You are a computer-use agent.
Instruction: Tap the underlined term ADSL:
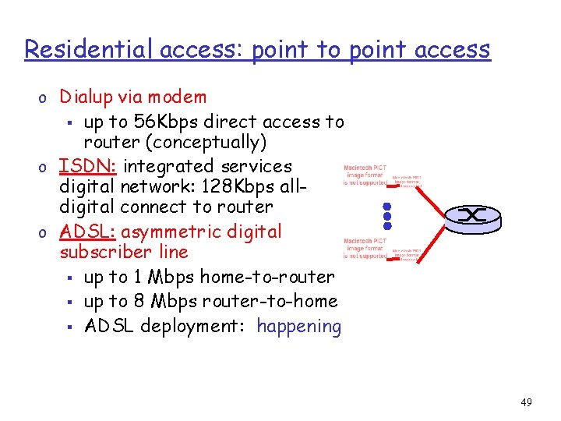[x=87, y=232]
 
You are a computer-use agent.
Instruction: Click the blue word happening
[x=298, y=326]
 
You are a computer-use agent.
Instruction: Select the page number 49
[x=527, y=402]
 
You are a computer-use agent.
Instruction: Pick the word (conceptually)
[x=195, y=143]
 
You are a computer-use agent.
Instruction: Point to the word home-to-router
[x=267, y=277]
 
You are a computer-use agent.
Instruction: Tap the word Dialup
[x=87, y=97]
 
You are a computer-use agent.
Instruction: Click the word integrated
[x=169, y=166]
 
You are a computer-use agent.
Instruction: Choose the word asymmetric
[x=173, y=232]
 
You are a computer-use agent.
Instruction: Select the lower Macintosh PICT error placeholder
[x=365, y=249]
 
